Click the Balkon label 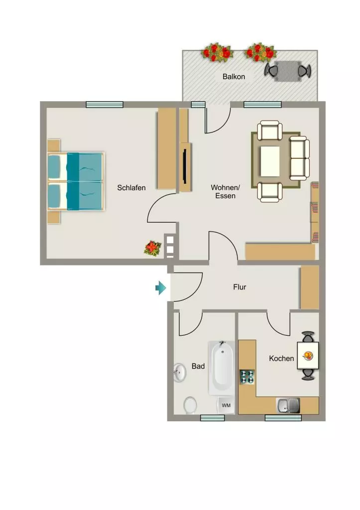pos(234,77)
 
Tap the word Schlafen pos(131,188)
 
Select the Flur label pos(240,287)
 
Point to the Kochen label pos(281,358)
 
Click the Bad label pos(198,366)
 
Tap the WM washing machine pos(226,405)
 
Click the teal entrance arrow pos(161,287)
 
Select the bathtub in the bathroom pos(221,368)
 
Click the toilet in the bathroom pos(190,405)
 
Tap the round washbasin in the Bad pos(179,373)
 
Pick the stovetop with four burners pos(247,377)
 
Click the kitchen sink pos(288,405)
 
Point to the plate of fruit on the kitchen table pos(308,355)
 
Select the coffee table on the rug pos(269,161)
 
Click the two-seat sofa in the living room pos(299,158)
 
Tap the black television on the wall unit pos(185,166)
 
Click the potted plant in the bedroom pos(152,248)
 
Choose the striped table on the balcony pos(288,71)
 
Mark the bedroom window pos(105,105)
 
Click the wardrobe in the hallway pos(310,287)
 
